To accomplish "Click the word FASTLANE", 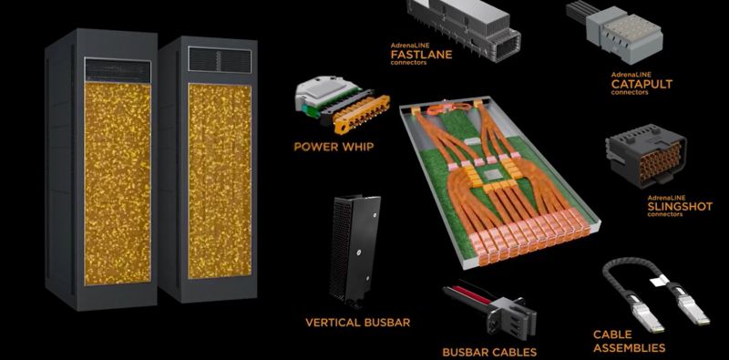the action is coord(421,55).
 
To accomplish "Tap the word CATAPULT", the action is coord(642,84).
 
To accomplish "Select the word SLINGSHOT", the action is coord(680,207).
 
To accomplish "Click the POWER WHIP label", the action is coord(334,147).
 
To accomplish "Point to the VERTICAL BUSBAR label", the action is coord(357,322).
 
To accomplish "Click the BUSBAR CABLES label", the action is coord(489,352).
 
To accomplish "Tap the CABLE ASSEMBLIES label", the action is coord(629,341).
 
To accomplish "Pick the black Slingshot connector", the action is coord(646,156).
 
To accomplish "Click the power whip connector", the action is coord(342,105).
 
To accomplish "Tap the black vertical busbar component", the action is coord(354,252).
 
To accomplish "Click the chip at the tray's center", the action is coord(491,175).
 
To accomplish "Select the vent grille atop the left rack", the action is coord(118,70).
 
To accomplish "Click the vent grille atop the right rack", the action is coord(220,59).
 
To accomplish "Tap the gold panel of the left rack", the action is coord(118,184).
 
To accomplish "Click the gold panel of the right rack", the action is coord(220,181).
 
